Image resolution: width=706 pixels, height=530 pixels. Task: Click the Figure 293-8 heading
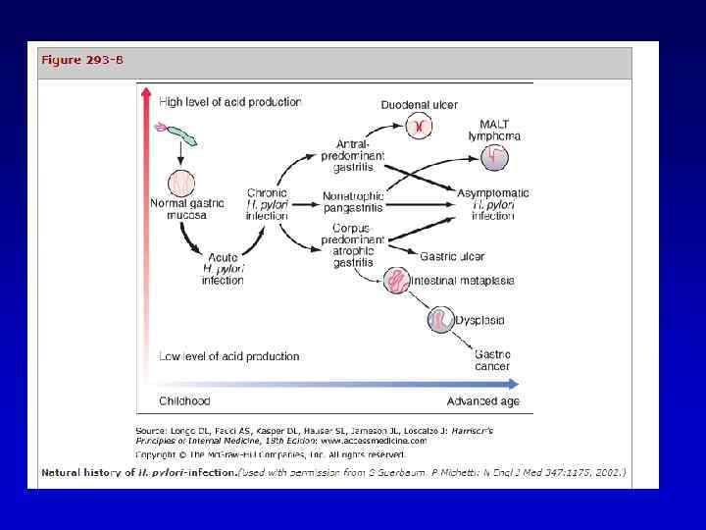coord(81,60)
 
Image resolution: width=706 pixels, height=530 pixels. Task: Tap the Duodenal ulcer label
coord(419,105)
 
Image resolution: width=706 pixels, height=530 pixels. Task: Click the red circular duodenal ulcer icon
coord(419,127)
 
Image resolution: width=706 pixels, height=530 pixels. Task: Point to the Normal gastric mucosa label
coord(181,209)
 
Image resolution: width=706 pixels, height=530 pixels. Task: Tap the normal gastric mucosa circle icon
coord(181,182)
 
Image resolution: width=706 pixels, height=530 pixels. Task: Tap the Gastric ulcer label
coord(452,257)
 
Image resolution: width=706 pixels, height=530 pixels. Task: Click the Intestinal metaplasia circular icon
coord(397,281)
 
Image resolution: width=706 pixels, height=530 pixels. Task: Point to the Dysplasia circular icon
coord(441,320)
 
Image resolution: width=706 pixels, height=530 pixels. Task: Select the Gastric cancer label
coord(492,360)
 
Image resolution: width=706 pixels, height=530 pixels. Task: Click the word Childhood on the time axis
coord(184,400)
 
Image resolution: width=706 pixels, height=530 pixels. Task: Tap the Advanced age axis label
coord(483,400)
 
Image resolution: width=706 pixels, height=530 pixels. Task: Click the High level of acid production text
coord(230,101)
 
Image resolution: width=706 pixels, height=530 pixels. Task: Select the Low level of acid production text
coord(229,356)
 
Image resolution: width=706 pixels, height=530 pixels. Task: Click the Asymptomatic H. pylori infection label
coord(492,204)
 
